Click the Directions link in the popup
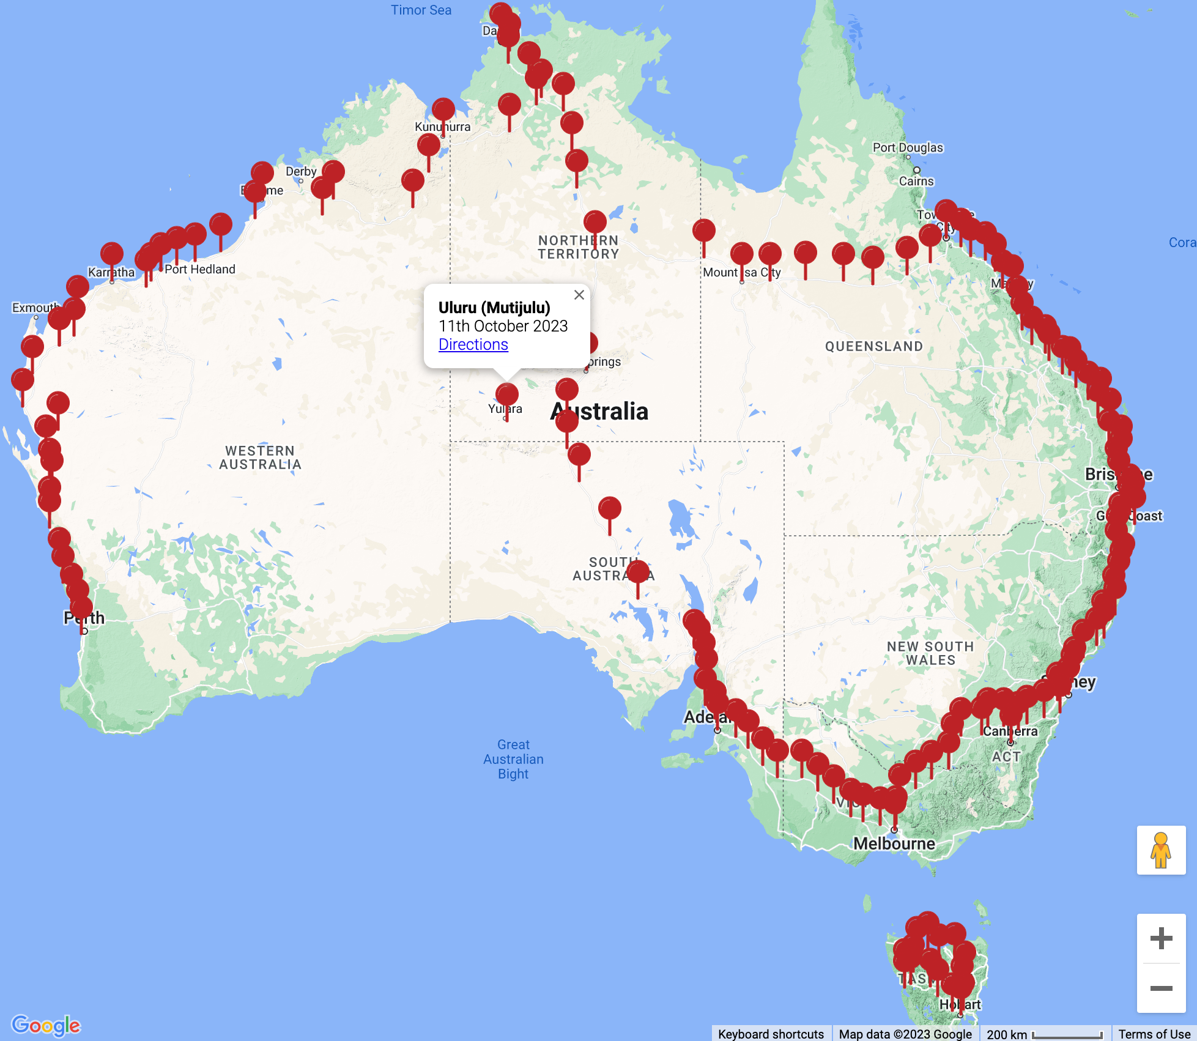pyautogui.click(x=473, y=344)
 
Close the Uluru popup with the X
pyautogui.click(x=579, y=295)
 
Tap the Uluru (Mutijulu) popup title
pyautogui.click(x=494, y=307)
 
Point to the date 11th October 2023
pyautogui.click(x=503, y=326)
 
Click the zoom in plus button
pyautogui.click(x=1160, y=938)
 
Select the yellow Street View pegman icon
pyautogui.click(x=1160, y=850)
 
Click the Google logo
pyautogui.click(x=46, y=1025)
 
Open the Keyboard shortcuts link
pyautogui.click(x=770, y=1034)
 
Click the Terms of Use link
pyautogui.click(x=1154, y=1034)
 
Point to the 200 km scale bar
pyautogui.click(x=1044, y=1034)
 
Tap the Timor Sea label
pyautogui.click(x=421, y=10)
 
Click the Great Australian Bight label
pyautogui.click(x=513, y=759)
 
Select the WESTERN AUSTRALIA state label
pyautogui.click(x=260, y=458)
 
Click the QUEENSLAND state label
pyautogui.click(x=873, y=346)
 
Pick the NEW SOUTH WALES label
pyautogui.click(x=930, y=653)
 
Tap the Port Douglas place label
pyautogui.click(x=907, y=147)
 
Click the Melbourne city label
pyautogui.click(x=894, y=844)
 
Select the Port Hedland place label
pyautogui.click(x=199, y=269)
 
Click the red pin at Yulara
pyautogui.click(x=506, y=395)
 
